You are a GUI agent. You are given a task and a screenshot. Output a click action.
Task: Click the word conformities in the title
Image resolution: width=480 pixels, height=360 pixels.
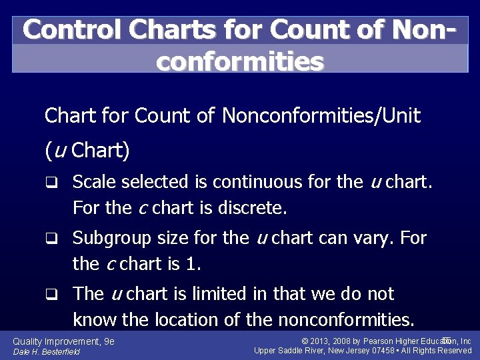(240, 61)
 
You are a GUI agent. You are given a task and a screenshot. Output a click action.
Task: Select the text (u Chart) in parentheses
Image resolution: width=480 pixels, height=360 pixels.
(87, 150)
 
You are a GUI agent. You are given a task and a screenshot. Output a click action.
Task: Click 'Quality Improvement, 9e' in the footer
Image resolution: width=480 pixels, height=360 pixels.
(64, 341)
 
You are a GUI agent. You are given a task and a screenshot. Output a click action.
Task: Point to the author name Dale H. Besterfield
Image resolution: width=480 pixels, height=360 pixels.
(47, 351)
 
